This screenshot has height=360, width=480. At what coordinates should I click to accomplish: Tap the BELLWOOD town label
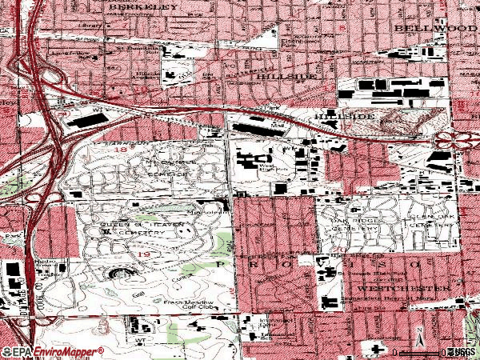[x=429, y=26]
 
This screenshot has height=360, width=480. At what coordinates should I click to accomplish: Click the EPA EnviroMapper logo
[x=53, y=351]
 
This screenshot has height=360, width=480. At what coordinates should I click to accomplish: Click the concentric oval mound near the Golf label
[x=121, y=274]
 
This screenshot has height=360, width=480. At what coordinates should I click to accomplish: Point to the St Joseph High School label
[x=376, y=273]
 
